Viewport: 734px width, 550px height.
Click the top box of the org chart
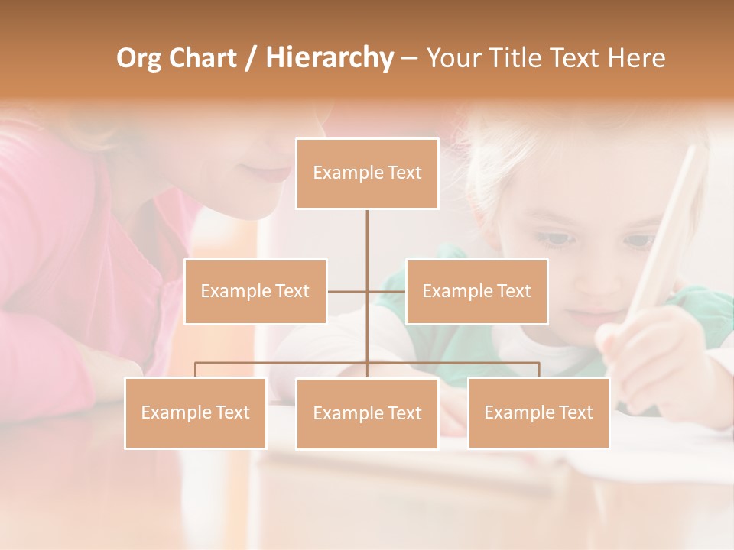point(367,173)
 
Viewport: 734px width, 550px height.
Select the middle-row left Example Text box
point(255,291)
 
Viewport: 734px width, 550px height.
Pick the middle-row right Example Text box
point(476,291)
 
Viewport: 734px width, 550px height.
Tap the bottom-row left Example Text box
point(196,412)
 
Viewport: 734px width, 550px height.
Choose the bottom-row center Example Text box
point(367,413)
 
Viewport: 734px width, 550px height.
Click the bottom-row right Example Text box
point(538,412)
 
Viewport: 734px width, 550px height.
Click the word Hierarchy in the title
point(330,58)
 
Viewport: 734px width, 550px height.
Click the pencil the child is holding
point(669,229)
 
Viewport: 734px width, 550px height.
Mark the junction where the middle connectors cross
point(367,291)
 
